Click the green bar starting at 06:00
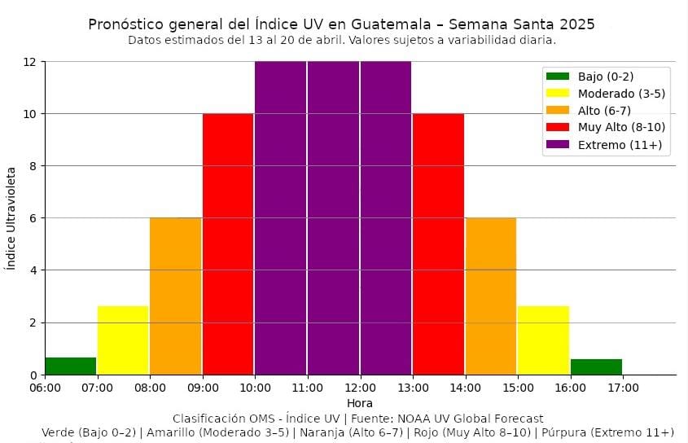(70, 366)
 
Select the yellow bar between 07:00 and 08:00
(123, 340)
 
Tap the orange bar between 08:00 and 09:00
(175, 296)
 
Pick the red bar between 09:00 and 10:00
(228, 243)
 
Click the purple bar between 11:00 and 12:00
(333, 217)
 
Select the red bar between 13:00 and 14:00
(438, 243)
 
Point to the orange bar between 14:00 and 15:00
(491, 296)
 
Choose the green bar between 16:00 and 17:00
(596, 366)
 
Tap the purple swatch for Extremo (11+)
(558, 145)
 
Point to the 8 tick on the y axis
(32, 166)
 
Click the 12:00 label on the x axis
(360, 388)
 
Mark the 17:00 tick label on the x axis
(622, 388)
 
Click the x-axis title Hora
(360, 403)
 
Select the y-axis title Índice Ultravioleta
(11, 218)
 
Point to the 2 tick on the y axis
(32, 322)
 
